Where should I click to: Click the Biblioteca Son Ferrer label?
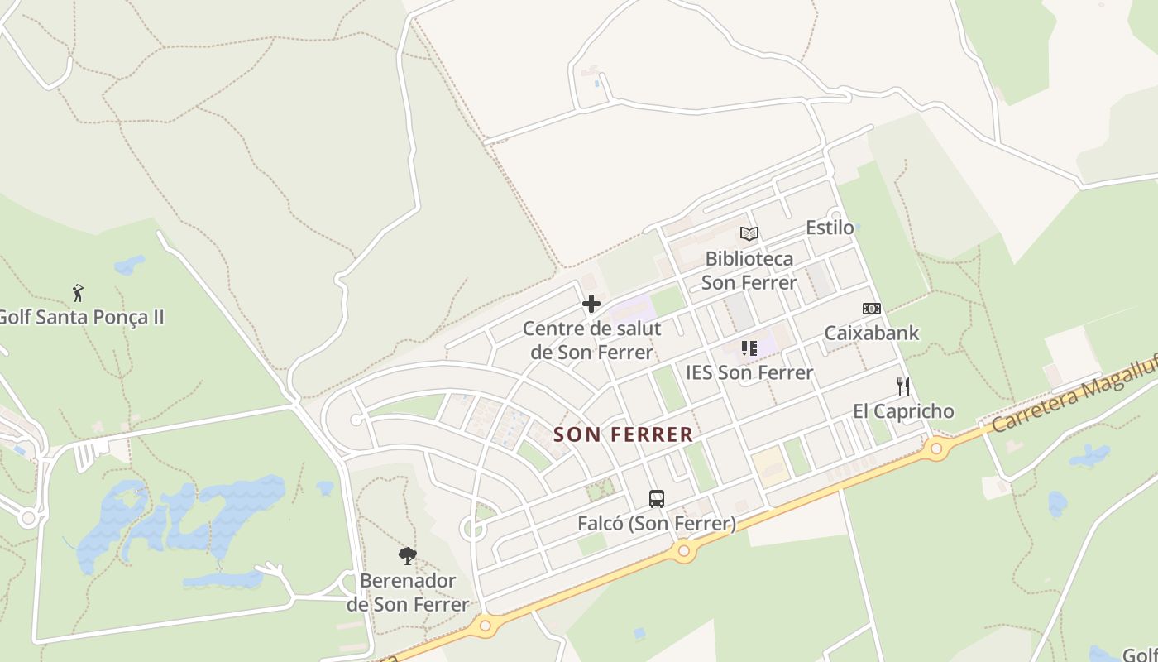point(749,271)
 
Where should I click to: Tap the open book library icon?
point(749,233)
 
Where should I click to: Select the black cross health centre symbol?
point(591,304)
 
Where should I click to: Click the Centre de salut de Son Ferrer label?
point(591,340)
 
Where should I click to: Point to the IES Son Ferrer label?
point(749,372)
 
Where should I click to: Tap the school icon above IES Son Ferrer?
point(749,348)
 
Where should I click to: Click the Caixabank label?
point(872,333)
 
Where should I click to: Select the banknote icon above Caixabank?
point(872,309)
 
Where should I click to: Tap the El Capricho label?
point(903,411)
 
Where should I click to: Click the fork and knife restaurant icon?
point(903,386)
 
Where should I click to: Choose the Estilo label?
point(830,228)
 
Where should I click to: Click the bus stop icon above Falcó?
point(657,499)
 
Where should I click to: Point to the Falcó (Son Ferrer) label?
point(657,523)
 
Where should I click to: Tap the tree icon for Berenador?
point(407,556)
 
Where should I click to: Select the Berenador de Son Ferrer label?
point(407,592)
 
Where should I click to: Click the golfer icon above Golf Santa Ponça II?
point(78,293)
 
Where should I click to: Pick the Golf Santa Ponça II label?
point(81,317)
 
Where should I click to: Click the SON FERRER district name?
point(623,434)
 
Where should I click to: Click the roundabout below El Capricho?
point(936,449)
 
